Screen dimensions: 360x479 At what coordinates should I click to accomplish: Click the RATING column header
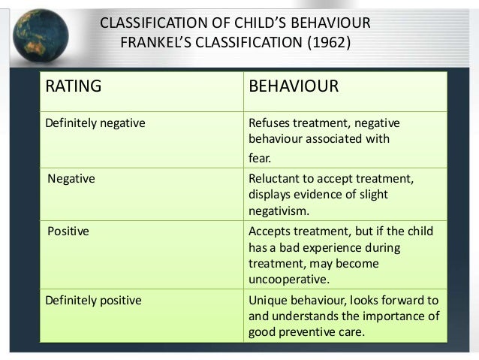74,86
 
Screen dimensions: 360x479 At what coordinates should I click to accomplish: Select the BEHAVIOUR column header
294,86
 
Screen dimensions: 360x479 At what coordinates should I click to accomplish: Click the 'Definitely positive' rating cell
94,301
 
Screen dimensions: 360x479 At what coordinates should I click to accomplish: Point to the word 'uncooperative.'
288,280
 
